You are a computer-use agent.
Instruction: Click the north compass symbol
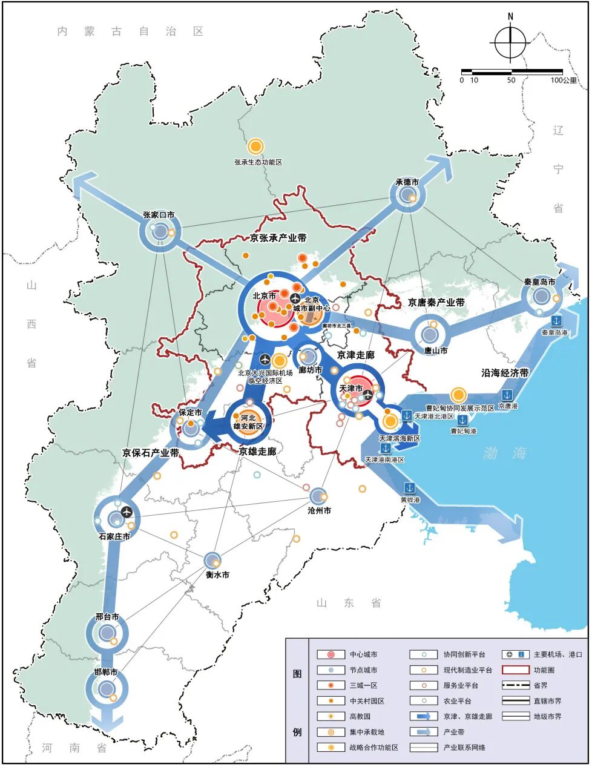pyautogui.click(x=510, y=41)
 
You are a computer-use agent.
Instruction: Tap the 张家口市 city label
pyautogui.click(x=159, y=215)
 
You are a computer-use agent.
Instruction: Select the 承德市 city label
pyautogui.click(x=407, y=182)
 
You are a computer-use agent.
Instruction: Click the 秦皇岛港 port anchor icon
pyautogui.click(x=556, y=320)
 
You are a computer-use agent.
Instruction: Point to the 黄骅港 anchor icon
pyautogui.click(x=410, y=487)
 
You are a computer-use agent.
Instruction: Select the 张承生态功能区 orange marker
pyautogui.click(x=255, y=146)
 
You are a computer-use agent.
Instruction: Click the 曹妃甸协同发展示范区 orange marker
pyautogui.click(x=458, y=395)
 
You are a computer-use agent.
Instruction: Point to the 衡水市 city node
pyautogui.click(x=212, y=561)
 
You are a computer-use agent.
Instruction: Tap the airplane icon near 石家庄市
pyautogui.click(x=126, y=512)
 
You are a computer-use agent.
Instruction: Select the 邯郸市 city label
pyautogui.click(x=105, y=673)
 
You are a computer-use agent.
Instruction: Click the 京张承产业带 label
pyautogui.click(x=278, y=239)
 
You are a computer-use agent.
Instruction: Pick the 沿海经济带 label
pyautogui.click(x=505, y=373)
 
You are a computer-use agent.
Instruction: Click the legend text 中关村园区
pyautogui.click(x=367, y=701)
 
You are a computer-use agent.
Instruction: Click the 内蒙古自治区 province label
pyautogui.click(x=131, y=31)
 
